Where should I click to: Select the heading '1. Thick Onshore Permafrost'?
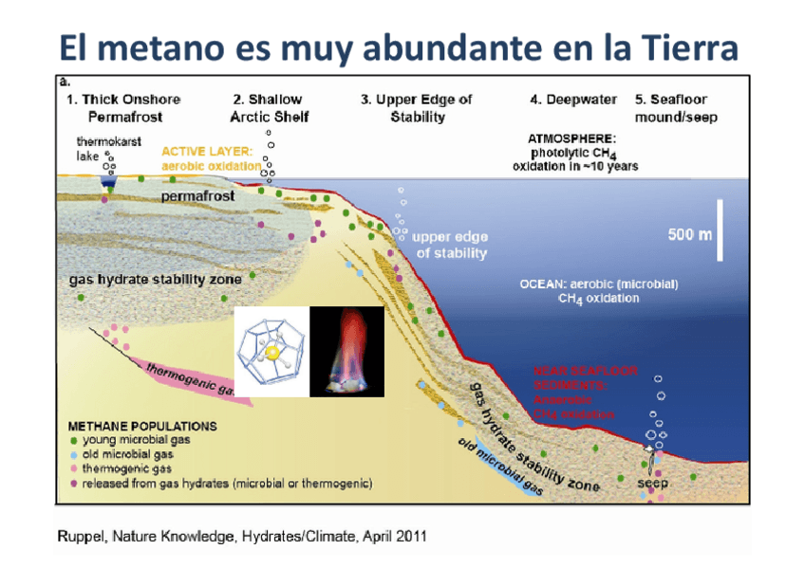123,107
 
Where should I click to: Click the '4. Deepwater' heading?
572,99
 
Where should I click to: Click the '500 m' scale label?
690,234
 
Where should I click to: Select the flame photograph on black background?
346,351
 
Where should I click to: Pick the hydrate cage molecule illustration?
271,351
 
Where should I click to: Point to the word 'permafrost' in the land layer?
197,196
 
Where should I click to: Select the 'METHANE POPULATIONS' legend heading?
142,426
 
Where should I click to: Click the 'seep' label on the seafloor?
652,484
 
